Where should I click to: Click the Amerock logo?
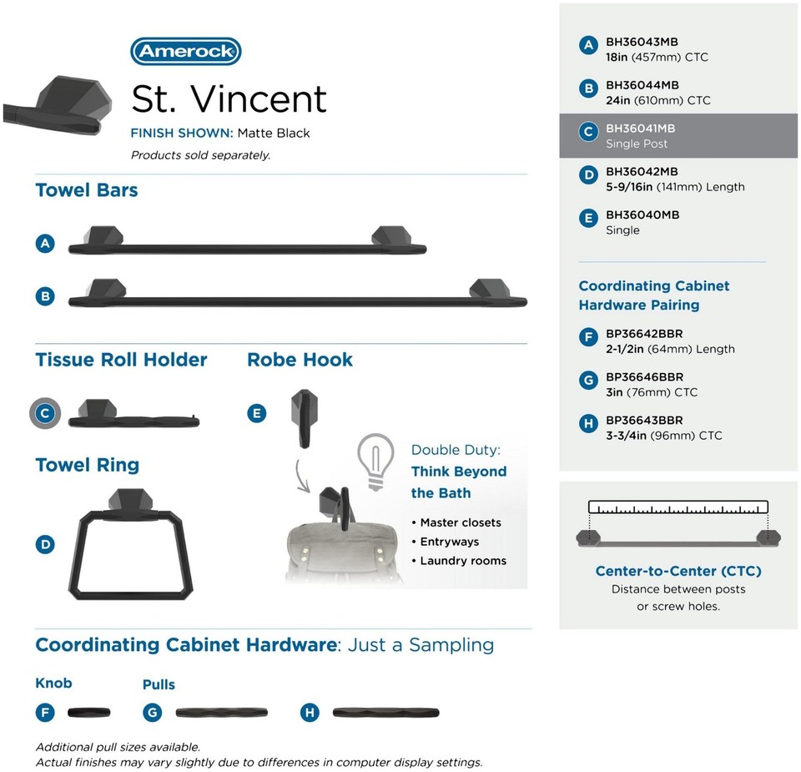click(x=186, y=52)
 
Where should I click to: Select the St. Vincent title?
click(x=229, y=98)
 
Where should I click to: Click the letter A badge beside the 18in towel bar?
click(x=45, y=244)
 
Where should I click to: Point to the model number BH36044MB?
click(x=642, y=85)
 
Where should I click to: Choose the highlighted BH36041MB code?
click(x=640, y=129)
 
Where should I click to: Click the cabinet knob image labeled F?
click(x=88, y=712)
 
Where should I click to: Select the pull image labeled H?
click(x=385, y=713)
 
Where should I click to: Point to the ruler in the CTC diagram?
click(x=678, y=507)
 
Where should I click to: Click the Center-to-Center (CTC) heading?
click(x=678, y=571)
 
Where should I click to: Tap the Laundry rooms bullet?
click(x=463, y=561)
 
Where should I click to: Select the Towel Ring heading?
click(x=87, y=465)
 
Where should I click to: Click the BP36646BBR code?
click(x=644, y=377)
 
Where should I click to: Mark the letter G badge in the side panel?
click(x=588, y=381)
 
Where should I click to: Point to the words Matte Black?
click(x=273, y=133)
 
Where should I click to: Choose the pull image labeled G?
click(x=222, y=713)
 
